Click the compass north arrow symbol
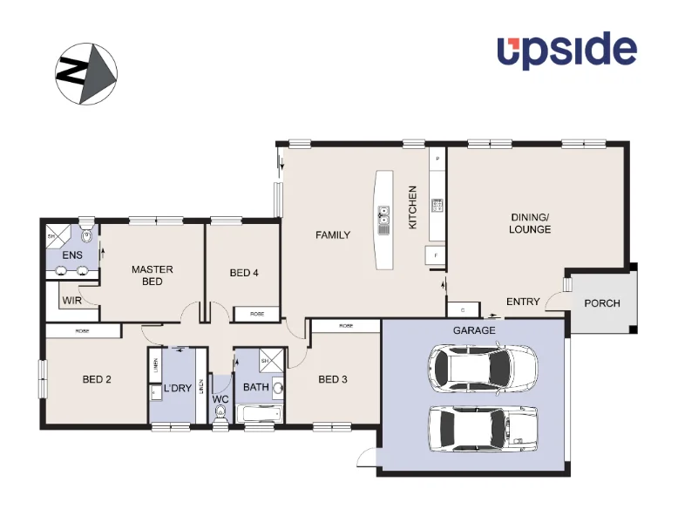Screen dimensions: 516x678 [x=86, y=73]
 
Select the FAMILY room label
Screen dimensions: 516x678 [x=333, y=235]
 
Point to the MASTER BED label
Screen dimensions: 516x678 [x=153, y=275]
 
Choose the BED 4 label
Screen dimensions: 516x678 [x=244, y=273]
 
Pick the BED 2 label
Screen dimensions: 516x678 [x=97, y=379]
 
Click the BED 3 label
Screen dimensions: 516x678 [x=333, y=379]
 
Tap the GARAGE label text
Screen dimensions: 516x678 [x=474, y=331]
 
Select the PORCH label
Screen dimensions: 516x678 [x=602, y=303]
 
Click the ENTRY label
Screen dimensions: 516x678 [x=523, y=302]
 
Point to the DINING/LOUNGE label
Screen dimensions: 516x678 [x=530, y=223]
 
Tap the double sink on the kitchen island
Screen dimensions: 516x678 [x=383, y=221]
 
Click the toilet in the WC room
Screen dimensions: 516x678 [x=220, y=418]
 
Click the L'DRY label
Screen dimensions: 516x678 [x=178, y=389]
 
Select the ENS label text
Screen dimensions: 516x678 [x=71, y=255]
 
